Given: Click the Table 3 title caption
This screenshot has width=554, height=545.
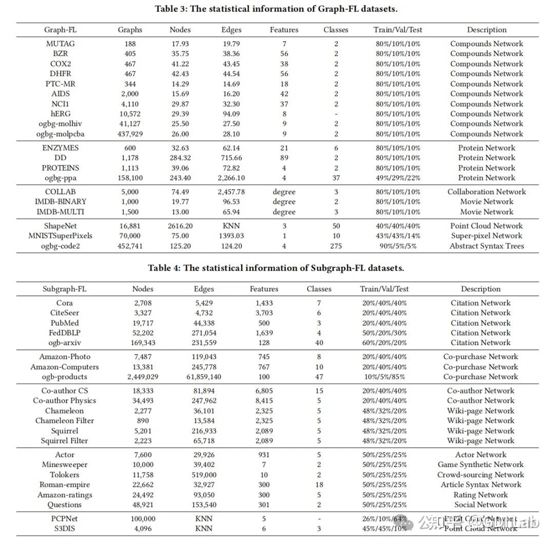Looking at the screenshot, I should (276, 8).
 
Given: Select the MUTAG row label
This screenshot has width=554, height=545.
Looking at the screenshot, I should (61, 44).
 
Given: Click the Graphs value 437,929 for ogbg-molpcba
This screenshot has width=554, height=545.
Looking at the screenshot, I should (130, 134).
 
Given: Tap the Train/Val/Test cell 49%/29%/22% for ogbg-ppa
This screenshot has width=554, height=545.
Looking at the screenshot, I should (398, 178).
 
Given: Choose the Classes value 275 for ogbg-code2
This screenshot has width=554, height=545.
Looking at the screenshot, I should (336, 246).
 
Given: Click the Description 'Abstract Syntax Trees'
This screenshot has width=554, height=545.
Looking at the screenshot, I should (487, 246).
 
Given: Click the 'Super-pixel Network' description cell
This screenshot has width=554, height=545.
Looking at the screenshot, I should (487, 236).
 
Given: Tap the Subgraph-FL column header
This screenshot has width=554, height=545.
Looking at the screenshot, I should (65, 289).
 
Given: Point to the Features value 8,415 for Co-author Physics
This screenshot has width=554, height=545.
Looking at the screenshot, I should (264, 401).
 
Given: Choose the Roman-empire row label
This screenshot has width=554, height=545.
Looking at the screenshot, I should (65, 485).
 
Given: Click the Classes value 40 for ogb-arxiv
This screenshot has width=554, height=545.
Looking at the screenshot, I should (319, 343).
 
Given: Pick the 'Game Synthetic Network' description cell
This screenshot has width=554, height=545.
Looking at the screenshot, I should (481, 465).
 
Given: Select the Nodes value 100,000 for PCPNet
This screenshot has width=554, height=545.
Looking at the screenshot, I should (143, 519).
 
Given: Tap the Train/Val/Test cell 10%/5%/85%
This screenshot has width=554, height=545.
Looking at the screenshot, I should (384, 377).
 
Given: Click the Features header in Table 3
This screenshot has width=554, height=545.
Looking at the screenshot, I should (284, 30).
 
